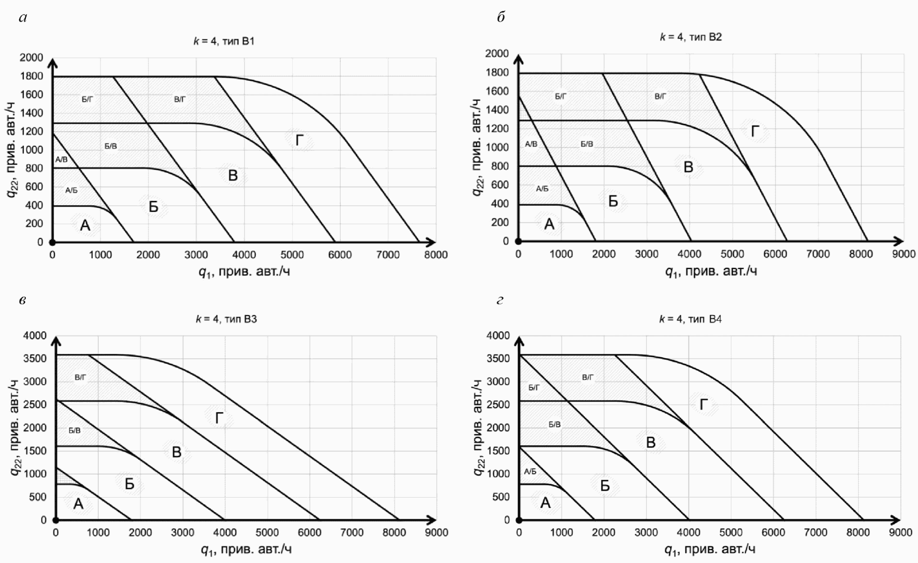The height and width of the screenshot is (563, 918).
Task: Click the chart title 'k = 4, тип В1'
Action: [224, 41]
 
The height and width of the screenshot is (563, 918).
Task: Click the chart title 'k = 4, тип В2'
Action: [691, 37]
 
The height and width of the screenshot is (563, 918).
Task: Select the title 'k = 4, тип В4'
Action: [690, 319]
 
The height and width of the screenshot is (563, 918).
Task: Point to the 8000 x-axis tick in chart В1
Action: [435, 254]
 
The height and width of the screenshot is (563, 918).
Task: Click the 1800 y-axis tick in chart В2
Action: [497, 72]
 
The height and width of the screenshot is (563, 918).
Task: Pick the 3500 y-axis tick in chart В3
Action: [35, 358]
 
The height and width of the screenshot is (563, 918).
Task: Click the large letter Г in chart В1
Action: [299, 141]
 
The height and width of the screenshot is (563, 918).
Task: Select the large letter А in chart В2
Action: [549, 224]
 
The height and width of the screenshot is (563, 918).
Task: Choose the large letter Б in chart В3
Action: [130, 484]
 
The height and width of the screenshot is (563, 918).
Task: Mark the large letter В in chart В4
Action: [651, 443]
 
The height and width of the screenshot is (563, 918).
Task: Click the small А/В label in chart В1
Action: [62, 159]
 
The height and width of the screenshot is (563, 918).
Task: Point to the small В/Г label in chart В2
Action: [660, 96]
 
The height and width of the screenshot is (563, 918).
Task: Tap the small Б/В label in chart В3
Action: [75, 431]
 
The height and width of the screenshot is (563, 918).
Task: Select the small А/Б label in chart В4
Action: [530, 471]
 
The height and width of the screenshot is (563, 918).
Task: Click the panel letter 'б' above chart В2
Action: [501, 17]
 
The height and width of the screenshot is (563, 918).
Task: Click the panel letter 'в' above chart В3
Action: [22, 300]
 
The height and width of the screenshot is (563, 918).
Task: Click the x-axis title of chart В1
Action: [244, 271]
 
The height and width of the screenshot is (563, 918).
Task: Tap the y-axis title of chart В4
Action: [478, 427]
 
